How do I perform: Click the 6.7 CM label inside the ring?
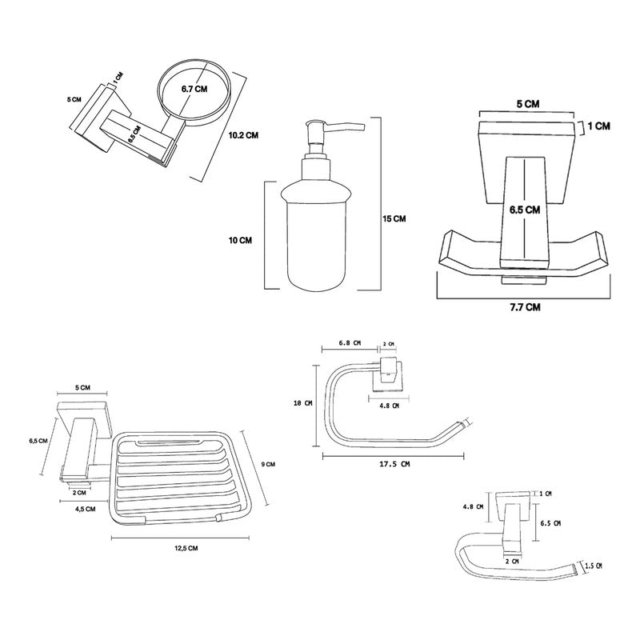[194, 89]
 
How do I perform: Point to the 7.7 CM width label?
[523, 306]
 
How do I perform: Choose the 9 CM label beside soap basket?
[269, 464]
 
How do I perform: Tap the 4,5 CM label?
[85, 509]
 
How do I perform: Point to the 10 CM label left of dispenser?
[240, 239]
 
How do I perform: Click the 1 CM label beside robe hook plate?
[599, 126]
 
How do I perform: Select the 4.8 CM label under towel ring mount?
[387, 405]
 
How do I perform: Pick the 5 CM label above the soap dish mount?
[82, 387]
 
